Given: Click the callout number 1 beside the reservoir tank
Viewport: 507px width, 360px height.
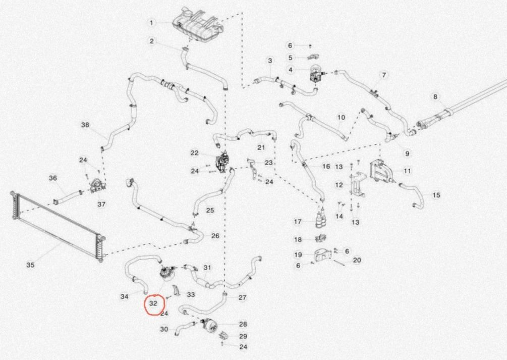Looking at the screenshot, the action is coord(151,23).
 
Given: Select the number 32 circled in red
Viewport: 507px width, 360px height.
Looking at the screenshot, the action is coord(153,303).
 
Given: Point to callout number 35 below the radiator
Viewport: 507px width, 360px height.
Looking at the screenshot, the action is coord(30,265).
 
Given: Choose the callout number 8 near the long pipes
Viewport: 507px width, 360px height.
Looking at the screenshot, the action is coord(435,96).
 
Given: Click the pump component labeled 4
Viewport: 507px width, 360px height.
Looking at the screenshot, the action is coord(314,74).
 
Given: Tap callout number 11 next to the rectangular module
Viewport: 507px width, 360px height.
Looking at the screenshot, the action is coord(407,171).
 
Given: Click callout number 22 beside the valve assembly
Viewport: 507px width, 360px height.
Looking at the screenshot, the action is coord(194,153).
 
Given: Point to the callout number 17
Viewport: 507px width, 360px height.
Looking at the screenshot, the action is coord(298,222).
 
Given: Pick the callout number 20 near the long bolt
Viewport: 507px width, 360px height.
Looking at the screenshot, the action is coord(357,260).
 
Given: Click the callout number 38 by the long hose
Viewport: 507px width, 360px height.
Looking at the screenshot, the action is coord(85,125).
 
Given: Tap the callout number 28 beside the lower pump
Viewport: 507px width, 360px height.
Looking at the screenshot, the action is coord(243,324).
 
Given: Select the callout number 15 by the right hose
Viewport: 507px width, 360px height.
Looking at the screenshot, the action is coord(436,195).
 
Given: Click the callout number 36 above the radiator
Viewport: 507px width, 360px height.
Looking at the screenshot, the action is coord(52,178).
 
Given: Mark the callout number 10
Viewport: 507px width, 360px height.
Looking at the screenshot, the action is coord(341,117).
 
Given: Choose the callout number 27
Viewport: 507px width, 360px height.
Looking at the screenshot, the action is coord(243,297).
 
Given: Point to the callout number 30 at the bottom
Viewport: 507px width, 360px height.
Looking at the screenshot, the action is coord(164,329).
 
